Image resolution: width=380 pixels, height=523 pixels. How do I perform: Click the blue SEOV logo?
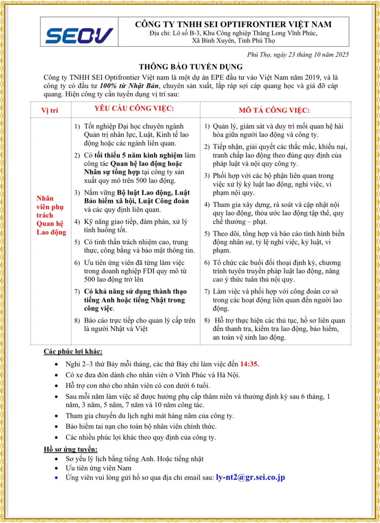(79, 35)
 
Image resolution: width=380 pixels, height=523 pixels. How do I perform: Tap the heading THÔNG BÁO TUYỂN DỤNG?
(191, 67)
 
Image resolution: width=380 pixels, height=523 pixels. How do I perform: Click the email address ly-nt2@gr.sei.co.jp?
(250, 477)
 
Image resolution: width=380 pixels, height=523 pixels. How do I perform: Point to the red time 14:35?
(249, 364)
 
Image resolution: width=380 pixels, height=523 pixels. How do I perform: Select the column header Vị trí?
(50, 110)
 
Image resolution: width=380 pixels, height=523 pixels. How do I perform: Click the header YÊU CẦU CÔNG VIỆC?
(134, 108)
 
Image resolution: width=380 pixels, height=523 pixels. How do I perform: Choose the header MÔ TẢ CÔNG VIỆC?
(274, 110)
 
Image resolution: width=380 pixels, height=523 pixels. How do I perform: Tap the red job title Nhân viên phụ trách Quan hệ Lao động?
(51, 215)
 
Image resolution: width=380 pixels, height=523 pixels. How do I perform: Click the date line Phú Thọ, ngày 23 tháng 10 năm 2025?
(298, 54)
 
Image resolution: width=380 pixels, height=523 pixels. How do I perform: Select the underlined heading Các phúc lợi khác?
(73, 351)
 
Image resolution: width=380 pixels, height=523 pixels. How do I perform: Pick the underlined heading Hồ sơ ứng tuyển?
(71, 449)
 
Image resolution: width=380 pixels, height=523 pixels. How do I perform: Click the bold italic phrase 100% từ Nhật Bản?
(129, 86)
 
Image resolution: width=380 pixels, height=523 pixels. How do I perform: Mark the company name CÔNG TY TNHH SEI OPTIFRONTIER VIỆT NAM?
(233, 24)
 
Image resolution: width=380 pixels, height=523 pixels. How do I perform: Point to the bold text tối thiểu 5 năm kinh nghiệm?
(138, 155)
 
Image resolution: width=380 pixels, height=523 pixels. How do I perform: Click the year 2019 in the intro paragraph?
(312, 78)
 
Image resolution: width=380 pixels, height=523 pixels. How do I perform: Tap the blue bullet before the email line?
(56, 478)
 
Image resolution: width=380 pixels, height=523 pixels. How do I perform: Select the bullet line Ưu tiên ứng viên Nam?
(98, 468)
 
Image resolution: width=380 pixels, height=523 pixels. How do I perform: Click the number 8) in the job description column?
(207, 320)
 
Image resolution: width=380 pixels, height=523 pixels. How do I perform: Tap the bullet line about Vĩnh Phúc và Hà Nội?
(153, 375)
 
